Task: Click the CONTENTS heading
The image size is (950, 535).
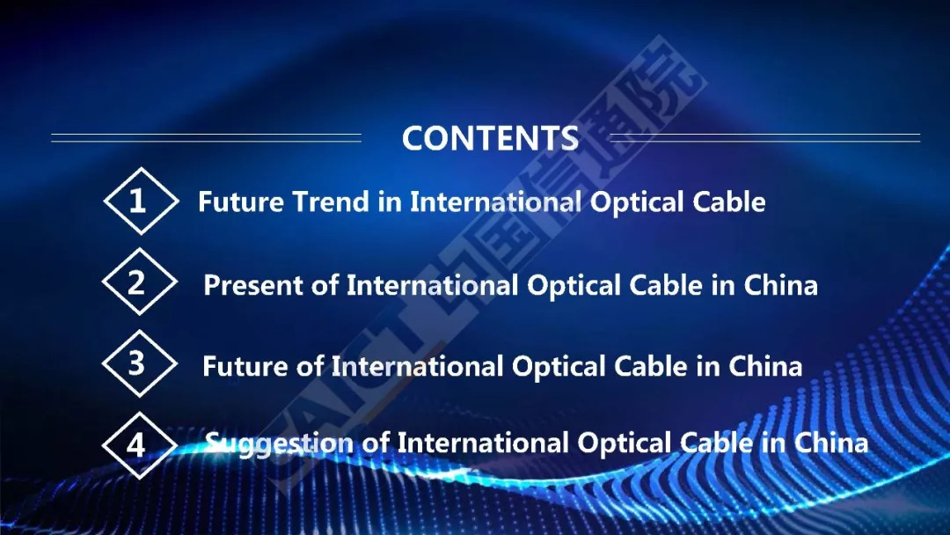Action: (490, 138)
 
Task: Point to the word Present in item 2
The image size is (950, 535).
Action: (252, 285)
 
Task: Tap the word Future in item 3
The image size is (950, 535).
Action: (245, 366)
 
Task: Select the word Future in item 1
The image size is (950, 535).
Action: (240, 202)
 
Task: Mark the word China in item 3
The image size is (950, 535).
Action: (765, 366)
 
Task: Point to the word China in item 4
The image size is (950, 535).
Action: (831, 443)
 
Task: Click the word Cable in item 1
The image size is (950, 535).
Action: (729, 202)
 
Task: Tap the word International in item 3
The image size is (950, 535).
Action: (417, 366)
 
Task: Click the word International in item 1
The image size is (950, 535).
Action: (495, 202)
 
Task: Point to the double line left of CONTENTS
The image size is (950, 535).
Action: (206, 138)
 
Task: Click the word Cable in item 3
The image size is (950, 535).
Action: (651, 366)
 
